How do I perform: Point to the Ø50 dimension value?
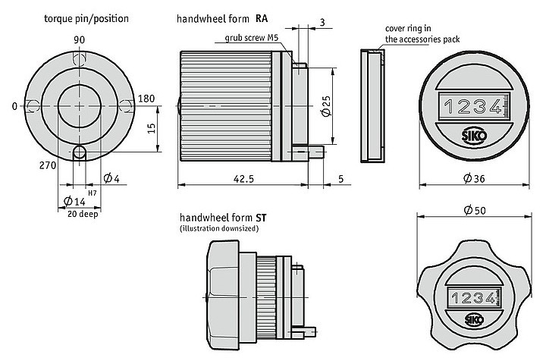[476, 210]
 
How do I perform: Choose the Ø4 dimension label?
[110, 178]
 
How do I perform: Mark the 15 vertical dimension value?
[152, 129]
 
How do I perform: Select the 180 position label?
[146, 99]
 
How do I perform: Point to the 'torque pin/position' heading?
[86, 17]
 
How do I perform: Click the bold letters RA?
[262, 17]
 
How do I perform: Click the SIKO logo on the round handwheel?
[470, 137]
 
